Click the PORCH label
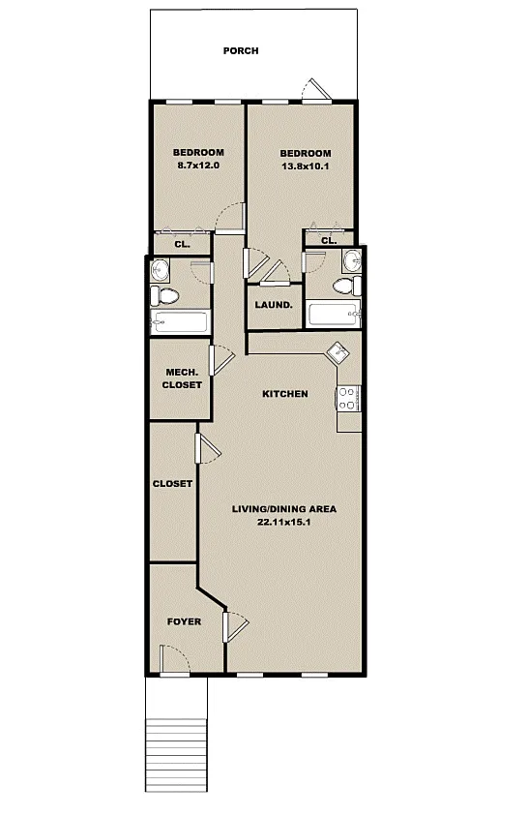pyautogui.click(x=241, y=51)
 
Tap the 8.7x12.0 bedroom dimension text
pyautogui.click(x=198, y=166)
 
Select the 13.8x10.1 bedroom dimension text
pyautogui.click(x=305, y=166)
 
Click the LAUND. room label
pyautogui.click(x=274, y=305)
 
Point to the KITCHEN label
pyautogui.click(x=284, y=394)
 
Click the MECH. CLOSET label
pyautogui.click(x=182, y=378)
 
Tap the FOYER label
pyautogui.click(x=184, y=621)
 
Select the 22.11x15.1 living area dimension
pyautogui.click(x=283, y=522)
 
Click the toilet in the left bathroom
pyautogui.click(x=164, y=296)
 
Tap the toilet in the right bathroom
pyautogui.click(x=347, y=286)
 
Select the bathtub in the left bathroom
pyautogui.click(x=180, y=321)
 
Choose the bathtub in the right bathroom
pyautogui.click(x=333, y=314)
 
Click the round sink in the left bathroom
pyautogui.click(x=160, y=269)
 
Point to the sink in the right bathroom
pyautogui.click(x=352, y=259)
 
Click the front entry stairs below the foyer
pyautogui.click(x=176, y=753)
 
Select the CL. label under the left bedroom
pyautogui.click(x=182, y=244)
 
